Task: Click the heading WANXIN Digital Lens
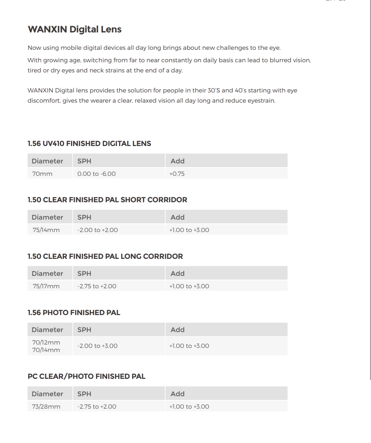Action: [74, 29]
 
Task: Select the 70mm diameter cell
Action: [42, 174]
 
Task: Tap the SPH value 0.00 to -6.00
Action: [96, 174]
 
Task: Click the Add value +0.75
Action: [177, 174]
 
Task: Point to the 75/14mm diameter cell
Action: [46, 230]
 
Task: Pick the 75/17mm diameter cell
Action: [46, 286]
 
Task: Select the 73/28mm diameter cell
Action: [46, 407]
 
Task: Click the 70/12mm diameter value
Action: [46, 343]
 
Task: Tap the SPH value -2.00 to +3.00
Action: [97, 346]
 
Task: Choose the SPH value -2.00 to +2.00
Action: [97, 230]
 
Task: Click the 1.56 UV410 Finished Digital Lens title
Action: [89, 144]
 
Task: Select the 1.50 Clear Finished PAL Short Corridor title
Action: [107, 200]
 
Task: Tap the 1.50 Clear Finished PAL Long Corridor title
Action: [105, 257]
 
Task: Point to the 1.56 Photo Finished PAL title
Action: [74, 313]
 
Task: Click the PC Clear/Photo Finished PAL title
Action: [86, 377]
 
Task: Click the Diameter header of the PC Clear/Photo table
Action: [47, 394]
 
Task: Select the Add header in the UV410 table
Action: [177, 161]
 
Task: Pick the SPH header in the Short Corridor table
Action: [84, 217]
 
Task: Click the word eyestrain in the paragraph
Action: [261, 101]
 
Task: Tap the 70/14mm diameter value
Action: [46, 350]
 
